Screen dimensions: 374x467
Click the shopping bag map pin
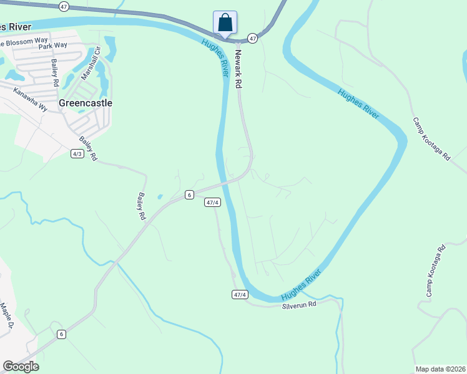225,22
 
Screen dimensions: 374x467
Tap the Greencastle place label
85,103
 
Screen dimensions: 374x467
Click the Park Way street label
52,46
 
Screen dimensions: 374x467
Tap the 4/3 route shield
77,153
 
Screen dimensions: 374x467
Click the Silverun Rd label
299,305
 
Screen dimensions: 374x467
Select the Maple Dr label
6,315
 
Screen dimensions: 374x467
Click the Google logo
21,367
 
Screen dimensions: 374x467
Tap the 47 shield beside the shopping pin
252,38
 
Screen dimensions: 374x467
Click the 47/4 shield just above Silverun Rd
240,294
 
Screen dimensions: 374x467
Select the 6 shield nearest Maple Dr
61,334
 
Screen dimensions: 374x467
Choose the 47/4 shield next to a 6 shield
212,202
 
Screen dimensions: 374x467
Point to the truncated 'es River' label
16,27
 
